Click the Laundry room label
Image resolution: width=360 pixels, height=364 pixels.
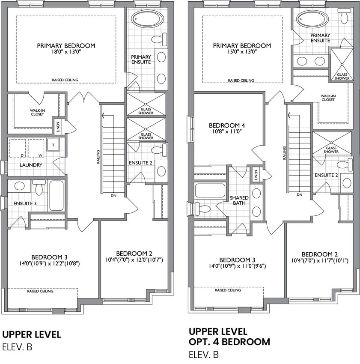[x=31, y=165]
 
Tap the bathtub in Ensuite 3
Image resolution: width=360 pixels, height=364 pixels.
[x=57, y=196]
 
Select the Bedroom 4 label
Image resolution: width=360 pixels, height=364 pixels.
[x=227, y=125]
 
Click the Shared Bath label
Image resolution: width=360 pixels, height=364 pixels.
[x=239, y=200]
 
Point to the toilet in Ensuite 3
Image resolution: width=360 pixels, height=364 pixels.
[x=39, y=187]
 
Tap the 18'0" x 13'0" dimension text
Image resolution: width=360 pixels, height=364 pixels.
[x=66, y=51]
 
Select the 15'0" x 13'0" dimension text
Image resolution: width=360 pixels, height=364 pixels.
[x=242, y=51]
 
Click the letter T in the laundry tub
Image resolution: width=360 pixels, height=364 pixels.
[x=54, y=145]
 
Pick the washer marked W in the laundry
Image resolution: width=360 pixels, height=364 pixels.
[x=36, y=149]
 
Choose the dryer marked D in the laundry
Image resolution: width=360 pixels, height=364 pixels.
[x=18, y=149]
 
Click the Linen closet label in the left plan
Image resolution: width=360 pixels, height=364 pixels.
[x=58, y=127]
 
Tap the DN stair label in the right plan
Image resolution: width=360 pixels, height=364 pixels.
[x=299, y=194]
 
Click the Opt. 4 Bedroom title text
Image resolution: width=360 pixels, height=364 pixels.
[x=229, y=342]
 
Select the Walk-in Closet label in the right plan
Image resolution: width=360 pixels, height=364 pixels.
[x=328, y=98]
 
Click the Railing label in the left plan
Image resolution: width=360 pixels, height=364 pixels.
[x=98, y=157]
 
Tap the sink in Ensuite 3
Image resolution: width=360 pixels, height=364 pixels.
[x=20, y=186]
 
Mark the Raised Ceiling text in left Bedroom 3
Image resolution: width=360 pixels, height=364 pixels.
[x=40, y=291]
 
